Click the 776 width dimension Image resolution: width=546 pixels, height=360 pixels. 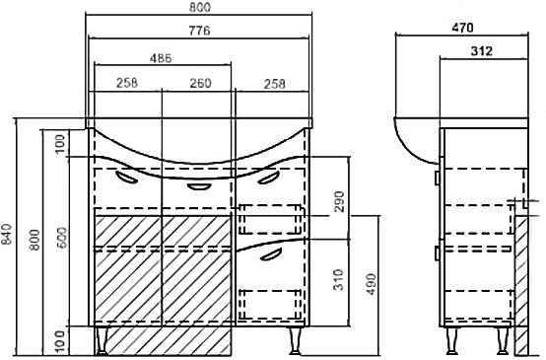(x=199, y=31)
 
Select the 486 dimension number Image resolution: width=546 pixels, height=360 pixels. (x=161, y=58)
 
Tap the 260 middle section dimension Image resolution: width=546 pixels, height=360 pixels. (x=201, y=83)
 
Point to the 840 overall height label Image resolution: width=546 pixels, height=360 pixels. (x=7, y=234)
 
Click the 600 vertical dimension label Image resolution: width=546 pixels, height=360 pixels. (x=62, y=238)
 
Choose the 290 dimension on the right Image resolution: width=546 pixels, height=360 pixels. (x=338, y=201)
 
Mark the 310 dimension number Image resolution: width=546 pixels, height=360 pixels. (x=338, y=279)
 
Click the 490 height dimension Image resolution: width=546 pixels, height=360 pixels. (x=372, y=284)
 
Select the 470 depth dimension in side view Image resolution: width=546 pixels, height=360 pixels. (x=463, y=28)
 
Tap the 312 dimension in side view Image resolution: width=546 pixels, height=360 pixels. (x=482, y=51)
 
